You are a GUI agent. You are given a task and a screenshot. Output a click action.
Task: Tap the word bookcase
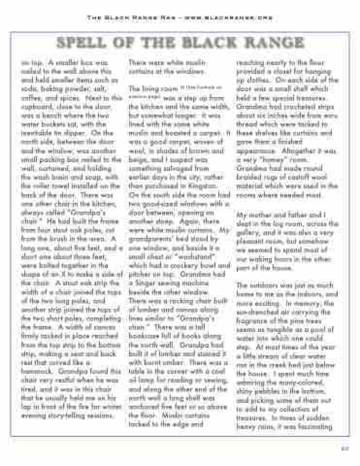click(145, 336)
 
